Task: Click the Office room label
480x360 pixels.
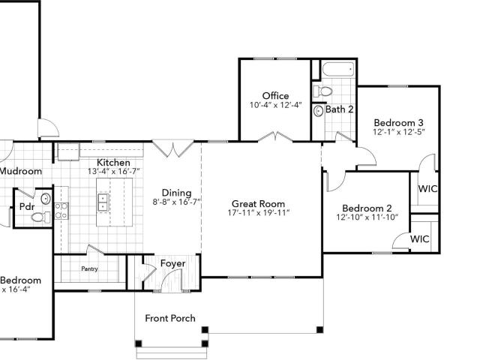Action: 275,96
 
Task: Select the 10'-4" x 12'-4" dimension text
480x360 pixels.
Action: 275,105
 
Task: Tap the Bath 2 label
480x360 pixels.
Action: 339,109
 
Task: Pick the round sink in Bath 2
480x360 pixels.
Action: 318,110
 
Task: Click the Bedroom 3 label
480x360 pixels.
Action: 399,123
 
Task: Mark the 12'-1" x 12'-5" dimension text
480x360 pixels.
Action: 399,132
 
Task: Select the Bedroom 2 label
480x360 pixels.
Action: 367,208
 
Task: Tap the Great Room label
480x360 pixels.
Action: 258,203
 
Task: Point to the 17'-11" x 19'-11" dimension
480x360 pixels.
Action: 258,213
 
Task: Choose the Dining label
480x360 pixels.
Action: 177,193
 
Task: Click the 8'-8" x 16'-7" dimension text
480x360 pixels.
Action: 177,202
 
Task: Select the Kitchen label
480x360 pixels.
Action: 114,163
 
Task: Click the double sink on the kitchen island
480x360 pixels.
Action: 103,202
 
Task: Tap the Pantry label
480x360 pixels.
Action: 89,269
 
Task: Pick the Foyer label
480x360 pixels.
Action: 172,264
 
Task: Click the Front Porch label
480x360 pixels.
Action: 169,318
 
